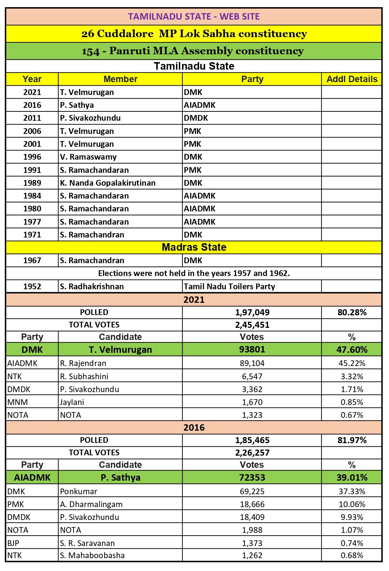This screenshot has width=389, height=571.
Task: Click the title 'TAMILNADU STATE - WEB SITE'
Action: coord(194,17)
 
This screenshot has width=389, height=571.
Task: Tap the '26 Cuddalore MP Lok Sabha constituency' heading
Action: coord(194,34)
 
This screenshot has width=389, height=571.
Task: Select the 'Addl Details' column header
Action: coord(352,79)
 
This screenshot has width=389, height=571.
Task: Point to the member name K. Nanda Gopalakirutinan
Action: coord(108,183)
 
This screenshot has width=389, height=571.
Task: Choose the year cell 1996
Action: coord(32,157)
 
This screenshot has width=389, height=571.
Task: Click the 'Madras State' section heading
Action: coord(194,247)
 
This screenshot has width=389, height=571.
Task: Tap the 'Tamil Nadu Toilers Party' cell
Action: coord(229,286)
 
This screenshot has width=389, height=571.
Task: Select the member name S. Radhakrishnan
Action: coord(92,286)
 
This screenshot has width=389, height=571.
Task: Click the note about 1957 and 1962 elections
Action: coord(194,274)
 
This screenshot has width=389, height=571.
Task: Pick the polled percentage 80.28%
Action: coord(352,312)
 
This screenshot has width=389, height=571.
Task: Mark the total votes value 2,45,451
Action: coord(252,325)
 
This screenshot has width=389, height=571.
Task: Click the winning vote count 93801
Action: coord(252,350)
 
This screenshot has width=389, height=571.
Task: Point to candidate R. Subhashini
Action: coord(84,376)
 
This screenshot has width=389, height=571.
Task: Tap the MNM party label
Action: coord(17,402)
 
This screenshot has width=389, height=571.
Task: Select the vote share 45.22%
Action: coord(352,364)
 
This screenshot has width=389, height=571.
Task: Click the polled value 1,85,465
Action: coord(252,440)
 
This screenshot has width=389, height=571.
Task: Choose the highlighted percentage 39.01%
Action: coord(352,478)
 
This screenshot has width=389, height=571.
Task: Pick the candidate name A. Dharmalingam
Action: coord(91,505)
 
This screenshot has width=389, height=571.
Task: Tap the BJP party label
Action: coord(13,543)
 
